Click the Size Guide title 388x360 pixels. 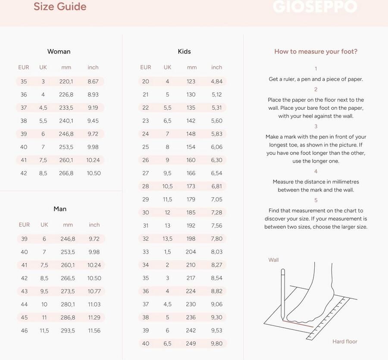tap(60, 6)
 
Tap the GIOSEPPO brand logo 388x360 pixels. tap(315, 6)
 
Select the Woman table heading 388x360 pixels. tap(59, 51)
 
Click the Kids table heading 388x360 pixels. tap(184, 51)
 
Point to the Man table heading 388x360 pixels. tap(60, 209)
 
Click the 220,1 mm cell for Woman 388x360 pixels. tap(66, 81)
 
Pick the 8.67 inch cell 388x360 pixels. tap(93, 81)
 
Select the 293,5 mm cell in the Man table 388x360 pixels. tap(68, 331)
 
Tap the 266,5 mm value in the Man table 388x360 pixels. tap(68, 278)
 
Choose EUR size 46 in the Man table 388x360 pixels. tap(24, 331)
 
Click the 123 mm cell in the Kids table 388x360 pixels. tap(191, 81)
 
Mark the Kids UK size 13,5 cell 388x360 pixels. tap(167, 239)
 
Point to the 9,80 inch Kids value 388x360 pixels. tap(217, 344)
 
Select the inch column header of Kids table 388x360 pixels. tap(217, 67)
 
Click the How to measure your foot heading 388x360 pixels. tap(316, 52)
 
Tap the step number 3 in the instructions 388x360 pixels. tap(316, 126)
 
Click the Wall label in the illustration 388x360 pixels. tap(274, 260)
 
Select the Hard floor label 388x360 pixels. tap(345, 341)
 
